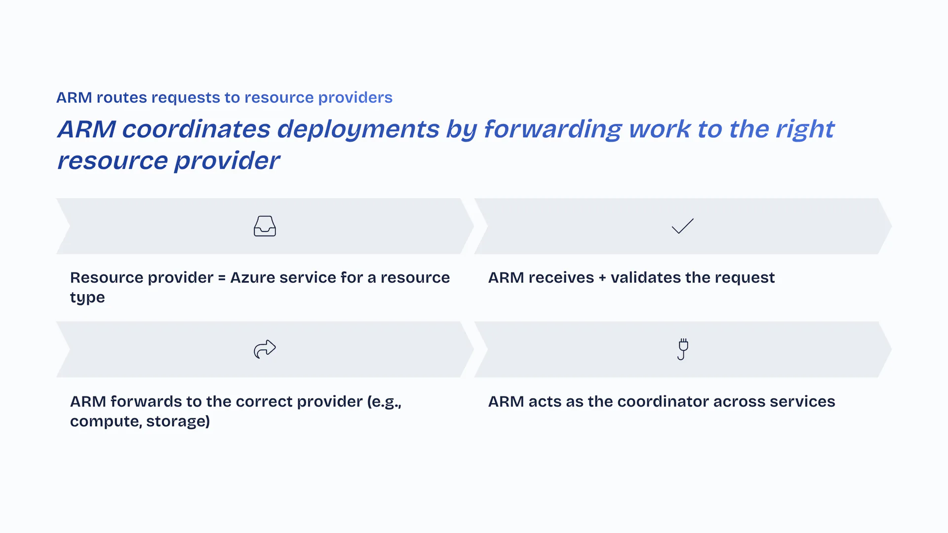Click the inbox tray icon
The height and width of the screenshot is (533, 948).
[x=265, y=226]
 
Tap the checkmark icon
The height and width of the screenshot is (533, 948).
[x=683, y=226]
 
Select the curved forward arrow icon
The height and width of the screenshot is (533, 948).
[x=265, y=349]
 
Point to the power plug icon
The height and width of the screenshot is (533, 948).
[x=683, y=349]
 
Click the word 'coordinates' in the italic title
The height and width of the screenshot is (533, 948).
[x=196, y=129]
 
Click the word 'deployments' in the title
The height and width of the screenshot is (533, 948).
[x=358, y=129]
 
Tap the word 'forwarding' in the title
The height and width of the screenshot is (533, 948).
[x=553, y=129]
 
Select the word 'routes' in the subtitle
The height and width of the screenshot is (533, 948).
[x=121, y=98]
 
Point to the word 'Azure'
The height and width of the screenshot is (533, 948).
[x=252, y=278]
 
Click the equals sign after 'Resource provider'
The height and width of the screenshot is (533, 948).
[x=222, y=278]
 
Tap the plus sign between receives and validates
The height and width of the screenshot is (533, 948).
[x=602, y=278]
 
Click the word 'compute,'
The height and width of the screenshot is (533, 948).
[x=106, y=421]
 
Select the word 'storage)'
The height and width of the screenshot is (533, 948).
[x=178, y=421]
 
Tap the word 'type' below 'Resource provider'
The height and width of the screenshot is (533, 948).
[x=87, y=298]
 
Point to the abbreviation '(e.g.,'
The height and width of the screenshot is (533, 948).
[x=384, y=402]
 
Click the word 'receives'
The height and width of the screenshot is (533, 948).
[x=561, y=278]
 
